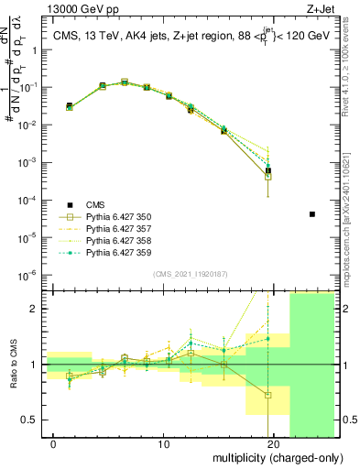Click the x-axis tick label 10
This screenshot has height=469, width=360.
(x=163, y=444)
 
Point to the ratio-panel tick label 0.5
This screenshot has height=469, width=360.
(x=31, y=420)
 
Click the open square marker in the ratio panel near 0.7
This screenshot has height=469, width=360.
(x=268, y=396)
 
